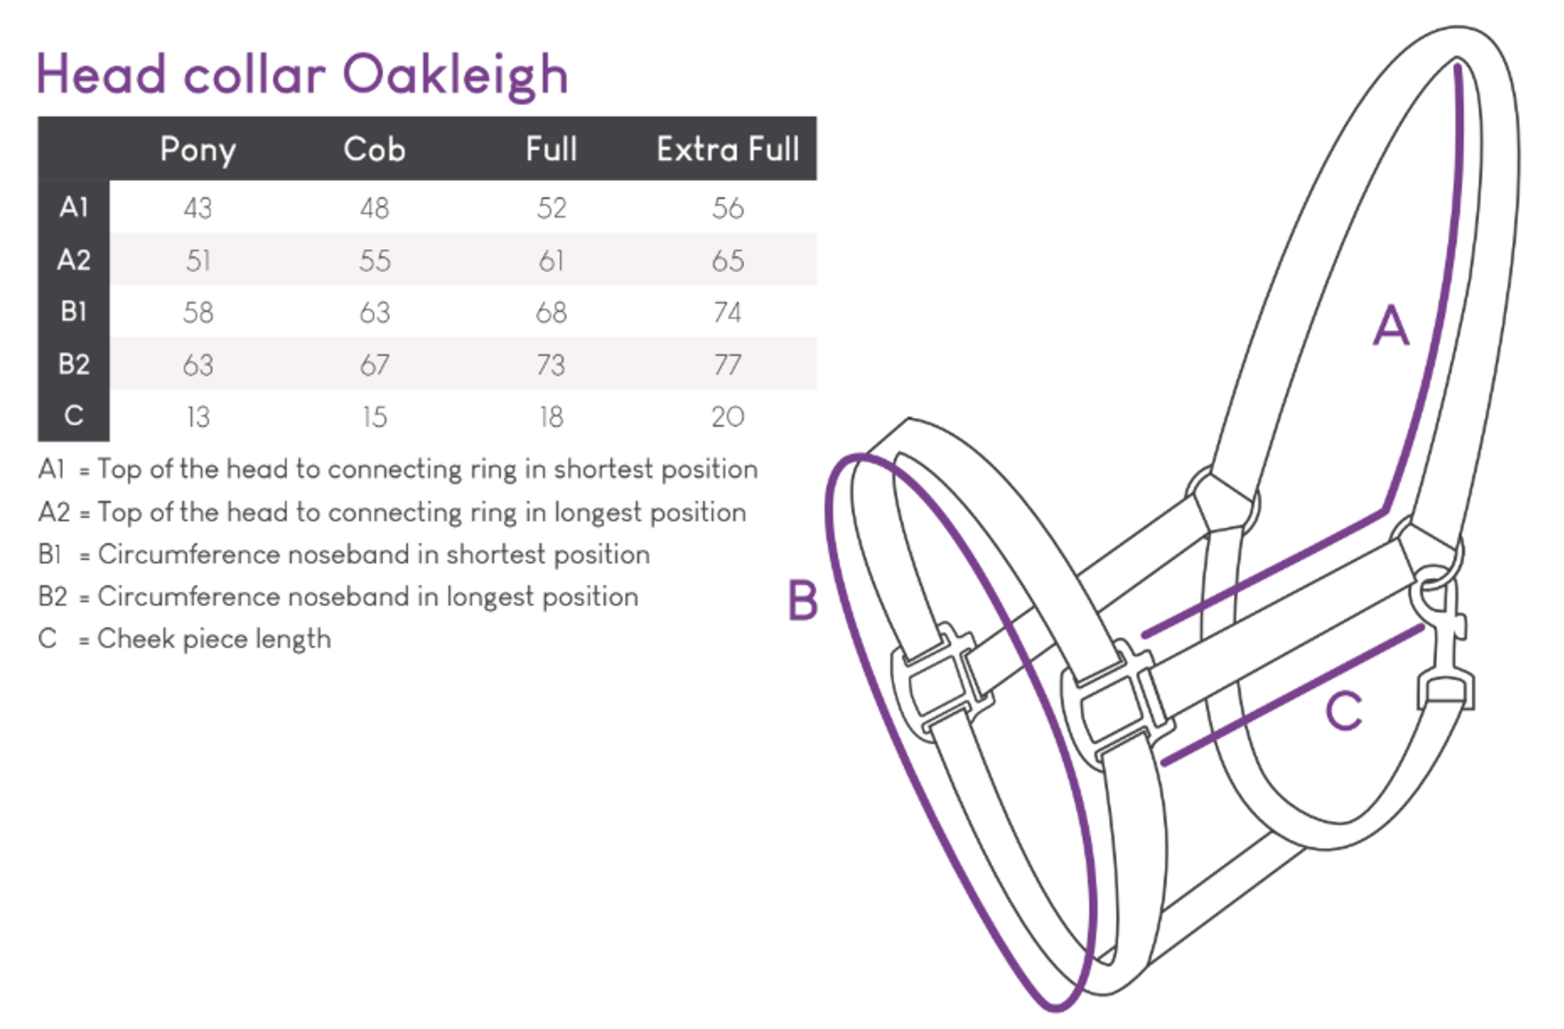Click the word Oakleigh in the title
455,76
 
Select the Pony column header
198,150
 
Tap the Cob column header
374,150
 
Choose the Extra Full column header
727,150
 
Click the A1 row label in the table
73,208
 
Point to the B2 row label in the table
73,364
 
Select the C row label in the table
73,416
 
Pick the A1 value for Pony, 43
198,209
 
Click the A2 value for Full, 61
551,261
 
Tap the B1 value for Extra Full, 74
727,313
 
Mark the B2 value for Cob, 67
374,365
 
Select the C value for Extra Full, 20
727,417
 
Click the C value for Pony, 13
198,417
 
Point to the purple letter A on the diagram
1390,326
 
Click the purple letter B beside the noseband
802,600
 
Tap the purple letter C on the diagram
1343,710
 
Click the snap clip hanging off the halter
1444,644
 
